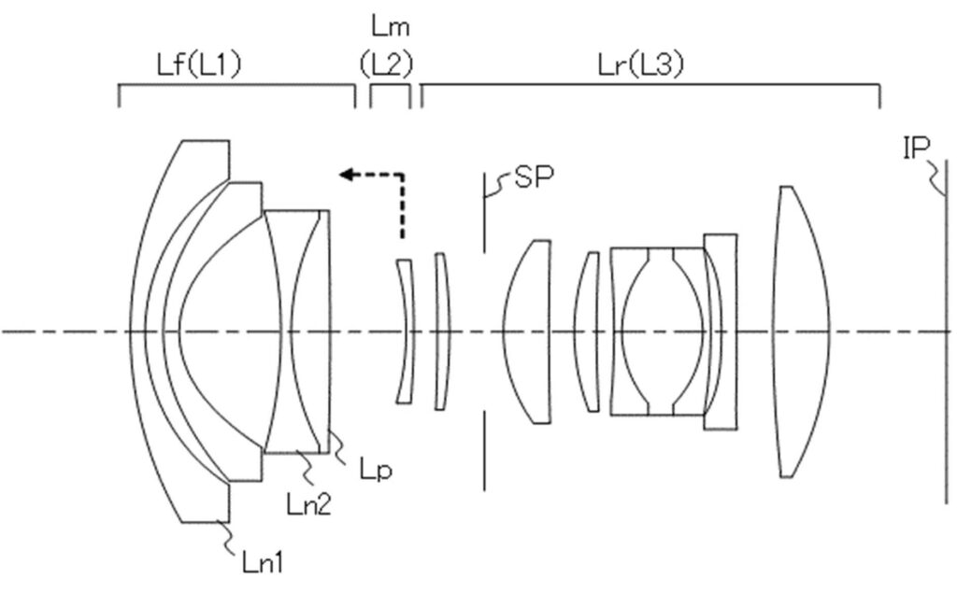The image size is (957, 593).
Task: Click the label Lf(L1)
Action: click(200, 64)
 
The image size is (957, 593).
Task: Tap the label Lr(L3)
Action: click(641, 64)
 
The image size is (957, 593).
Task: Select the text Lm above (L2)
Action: click(391, 27)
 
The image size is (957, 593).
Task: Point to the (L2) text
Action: click(386, 64)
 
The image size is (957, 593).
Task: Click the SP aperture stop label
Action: click(535, 176)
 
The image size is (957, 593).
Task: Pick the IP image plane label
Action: click(916, 148)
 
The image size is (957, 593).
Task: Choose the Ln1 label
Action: click(263, 562)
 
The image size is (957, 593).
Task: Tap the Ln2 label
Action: click(308, 504)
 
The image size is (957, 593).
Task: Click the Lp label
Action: click(376, 470)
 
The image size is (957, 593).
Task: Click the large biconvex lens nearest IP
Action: click(801, 332)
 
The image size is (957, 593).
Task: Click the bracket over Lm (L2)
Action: click(390, 87)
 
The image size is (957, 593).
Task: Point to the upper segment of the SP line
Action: click(485, 213)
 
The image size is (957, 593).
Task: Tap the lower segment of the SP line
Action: click(485, 450)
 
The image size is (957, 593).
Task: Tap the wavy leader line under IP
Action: click(936, 176)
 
